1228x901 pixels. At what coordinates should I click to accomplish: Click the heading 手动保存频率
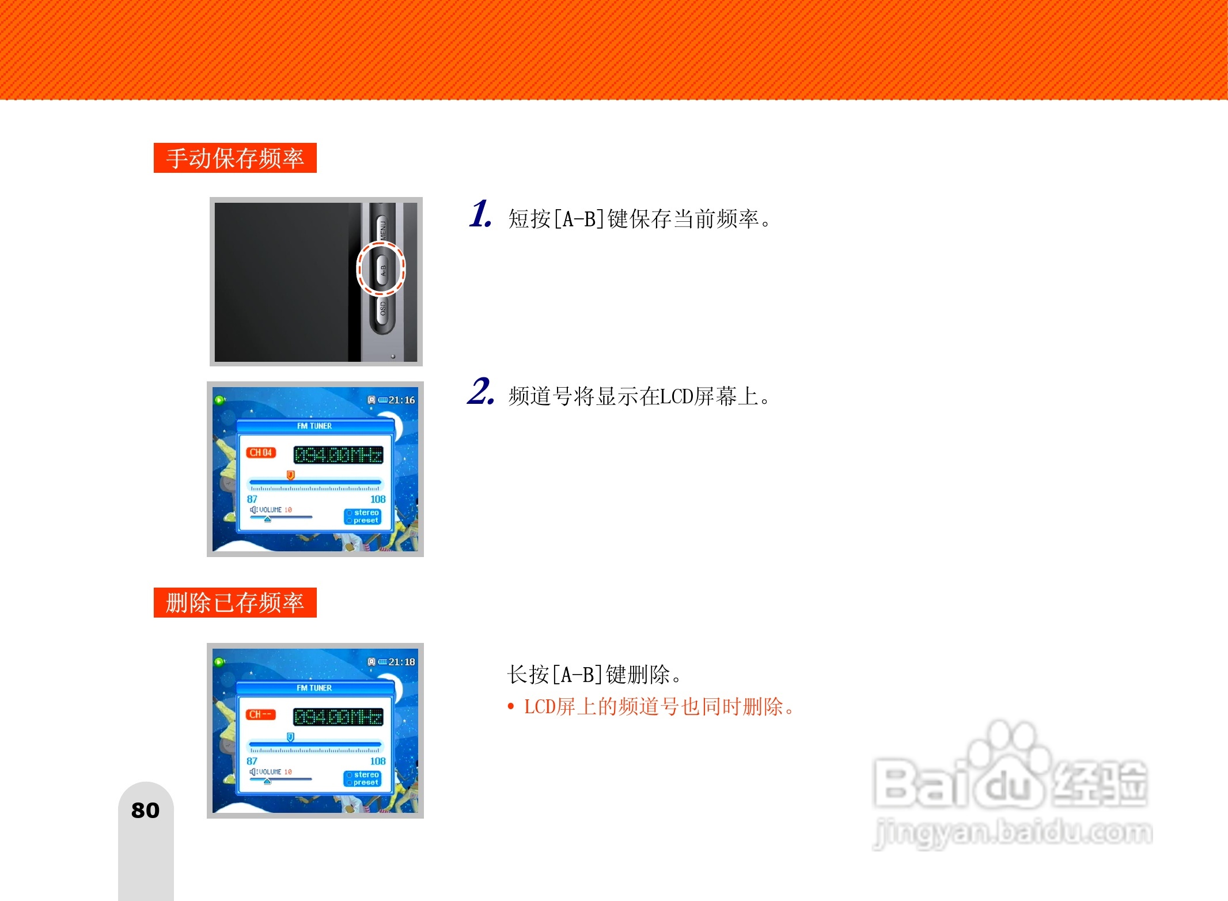coord(235,158)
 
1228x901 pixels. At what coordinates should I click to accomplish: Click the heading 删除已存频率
coord(235,603)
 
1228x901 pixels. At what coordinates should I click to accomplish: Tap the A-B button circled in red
coord(382,268)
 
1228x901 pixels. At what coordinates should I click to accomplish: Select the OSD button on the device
coord(382,309)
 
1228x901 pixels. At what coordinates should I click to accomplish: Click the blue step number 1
coord(480,214)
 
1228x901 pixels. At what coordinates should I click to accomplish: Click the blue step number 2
coord(480,392)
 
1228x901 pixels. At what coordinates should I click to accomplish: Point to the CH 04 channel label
coord(261,453)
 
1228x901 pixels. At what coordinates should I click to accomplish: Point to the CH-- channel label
coord(261,714)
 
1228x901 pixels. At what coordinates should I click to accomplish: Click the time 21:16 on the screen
coord(401,400)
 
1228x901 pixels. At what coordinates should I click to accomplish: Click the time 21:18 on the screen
coord(401,662)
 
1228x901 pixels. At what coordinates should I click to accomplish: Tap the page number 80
coord(145,811)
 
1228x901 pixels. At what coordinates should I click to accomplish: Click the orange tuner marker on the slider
coord(291,475)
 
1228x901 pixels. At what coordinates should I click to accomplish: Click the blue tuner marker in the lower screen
coord(291,737)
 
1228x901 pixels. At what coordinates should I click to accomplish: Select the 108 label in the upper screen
coord(378,499)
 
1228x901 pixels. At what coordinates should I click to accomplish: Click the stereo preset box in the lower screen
coord(363,778)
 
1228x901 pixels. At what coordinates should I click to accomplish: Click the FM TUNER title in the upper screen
coord(314,426)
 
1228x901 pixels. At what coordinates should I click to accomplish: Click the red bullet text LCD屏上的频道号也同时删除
coord(658,706)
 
